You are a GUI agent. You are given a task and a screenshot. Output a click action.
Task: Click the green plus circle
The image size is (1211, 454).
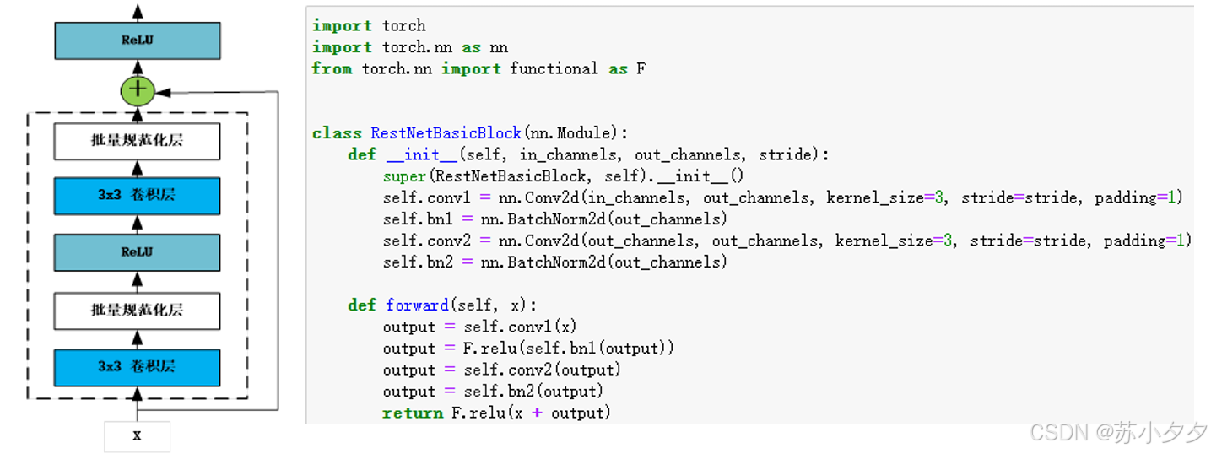point(138,90)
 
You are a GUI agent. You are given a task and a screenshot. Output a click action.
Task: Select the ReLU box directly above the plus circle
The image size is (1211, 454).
point(138,40)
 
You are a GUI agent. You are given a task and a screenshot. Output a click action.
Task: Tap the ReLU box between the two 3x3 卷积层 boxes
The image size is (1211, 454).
point(138,251)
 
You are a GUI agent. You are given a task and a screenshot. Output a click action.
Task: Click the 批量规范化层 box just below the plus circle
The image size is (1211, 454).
point(138,141)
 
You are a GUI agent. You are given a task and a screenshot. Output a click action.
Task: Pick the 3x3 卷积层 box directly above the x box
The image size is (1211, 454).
point(138,366)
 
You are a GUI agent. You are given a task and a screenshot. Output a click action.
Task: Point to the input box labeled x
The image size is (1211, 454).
point(138,436)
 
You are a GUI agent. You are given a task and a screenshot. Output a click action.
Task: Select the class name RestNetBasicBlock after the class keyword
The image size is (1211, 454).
point(446,133)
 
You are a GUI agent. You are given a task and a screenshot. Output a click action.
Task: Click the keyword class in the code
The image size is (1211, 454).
point(337,133)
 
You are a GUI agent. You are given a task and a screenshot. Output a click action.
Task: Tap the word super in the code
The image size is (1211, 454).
point(404,176)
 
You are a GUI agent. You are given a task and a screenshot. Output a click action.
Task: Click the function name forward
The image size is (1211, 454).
point(417,305)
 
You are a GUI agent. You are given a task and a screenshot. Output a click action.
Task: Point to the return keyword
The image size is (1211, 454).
point(412,413)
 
